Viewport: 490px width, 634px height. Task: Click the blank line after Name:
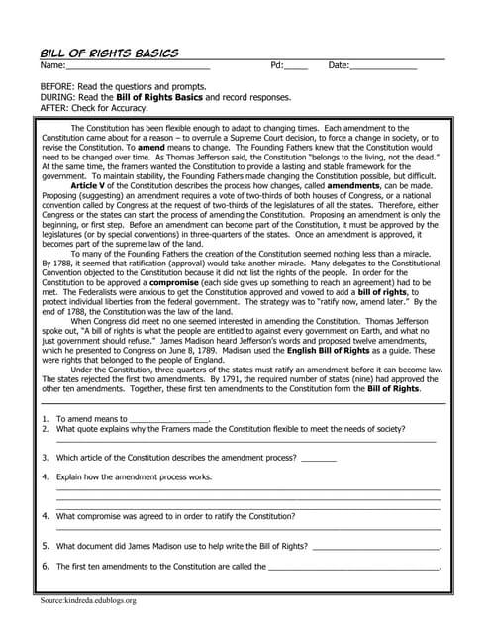[138, 67]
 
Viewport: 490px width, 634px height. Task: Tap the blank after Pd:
[297, 67]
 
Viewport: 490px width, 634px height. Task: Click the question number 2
[46, 429]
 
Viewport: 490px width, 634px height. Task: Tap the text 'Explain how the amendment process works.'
[134, 476]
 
